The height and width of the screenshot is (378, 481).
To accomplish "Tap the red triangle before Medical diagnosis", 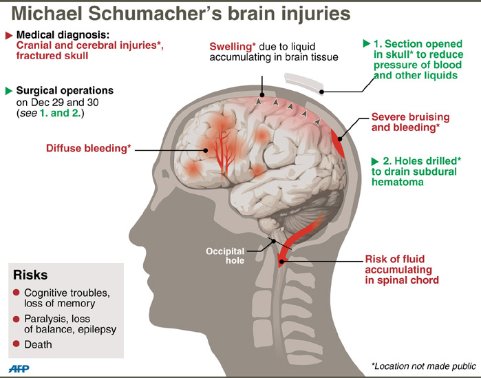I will (8, 34).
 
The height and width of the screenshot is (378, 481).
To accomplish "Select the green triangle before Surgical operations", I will (8, 90).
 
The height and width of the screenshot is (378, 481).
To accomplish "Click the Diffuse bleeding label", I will (88, 148).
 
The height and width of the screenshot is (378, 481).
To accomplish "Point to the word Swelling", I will (232, 45).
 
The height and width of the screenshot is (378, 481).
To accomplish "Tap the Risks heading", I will (30, 275).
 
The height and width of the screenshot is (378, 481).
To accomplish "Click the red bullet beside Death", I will (17, 344).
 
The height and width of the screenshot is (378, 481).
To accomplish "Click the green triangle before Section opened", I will (367, 43).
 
